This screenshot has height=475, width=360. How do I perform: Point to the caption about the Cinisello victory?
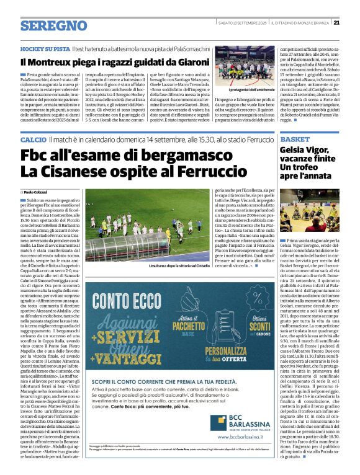pyautogui.click(x=172, y=265)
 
